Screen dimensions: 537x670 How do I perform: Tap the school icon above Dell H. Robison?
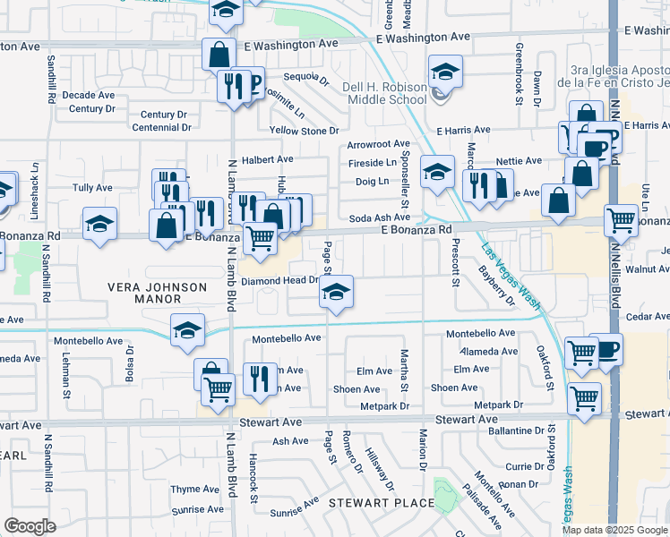coord(445,72)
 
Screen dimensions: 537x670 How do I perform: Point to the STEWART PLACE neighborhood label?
coord(382,502)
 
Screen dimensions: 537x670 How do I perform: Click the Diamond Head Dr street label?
coord(280,280)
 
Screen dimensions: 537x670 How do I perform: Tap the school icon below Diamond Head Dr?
coord(336,294)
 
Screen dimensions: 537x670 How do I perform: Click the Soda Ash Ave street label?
coord(379,217)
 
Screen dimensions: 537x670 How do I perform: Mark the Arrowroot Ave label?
coord(378,143)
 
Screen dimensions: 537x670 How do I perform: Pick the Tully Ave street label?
coord(92,188)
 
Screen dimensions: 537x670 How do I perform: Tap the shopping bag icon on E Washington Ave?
coord(219,54)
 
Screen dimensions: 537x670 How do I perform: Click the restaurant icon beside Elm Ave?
coord(260,377)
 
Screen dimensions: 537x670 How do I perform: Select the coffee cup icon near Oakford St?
coord(606,349)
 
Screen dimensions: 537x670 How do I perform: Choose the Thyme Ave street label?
coord(195,489)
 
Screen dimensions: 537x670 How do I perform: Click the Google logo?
coord(30,526)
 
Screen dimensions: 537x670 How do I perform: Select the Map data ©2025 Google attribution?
coord(614,530)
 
